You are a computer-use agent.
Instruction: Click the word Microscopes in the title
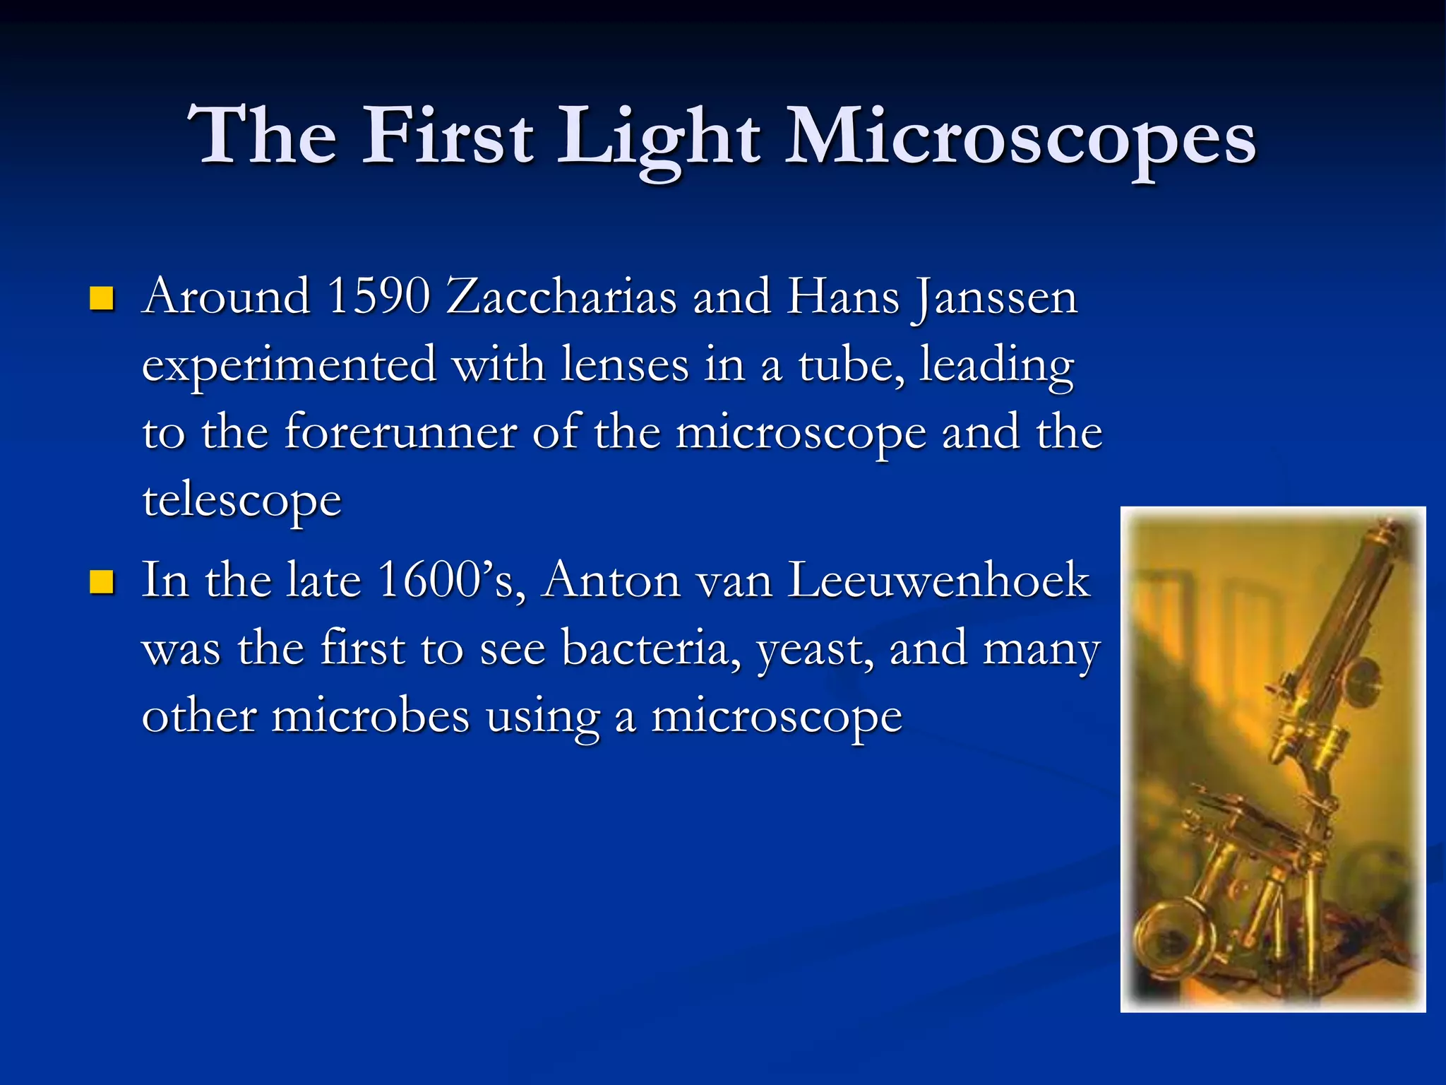click(x=1021, y=138)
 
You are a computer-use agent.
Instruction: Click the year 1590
click(x=379, y=296)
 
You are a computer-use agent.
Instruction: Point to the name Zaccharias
click(x=562, y=296)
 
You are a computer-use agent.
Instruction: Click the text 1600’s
click(x=451, y=581)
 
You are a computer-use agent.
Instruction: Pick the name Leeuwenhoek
click(x=939, y=581)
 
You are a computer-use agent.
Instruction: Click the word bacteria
click(x=650, y=648)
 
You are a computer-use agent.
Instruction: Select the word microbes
click(x=371, y=716)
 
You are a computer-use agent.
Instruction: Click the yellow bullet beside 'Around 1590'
click(x=102, y=300)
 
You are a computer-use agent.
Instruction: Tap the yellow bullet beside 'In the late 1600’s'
click(x=102, y=583)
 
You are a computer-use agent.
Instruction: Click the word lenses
click(x=625, y=365)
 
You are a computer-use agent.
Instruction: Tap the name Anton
click(x=611, y=581)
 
